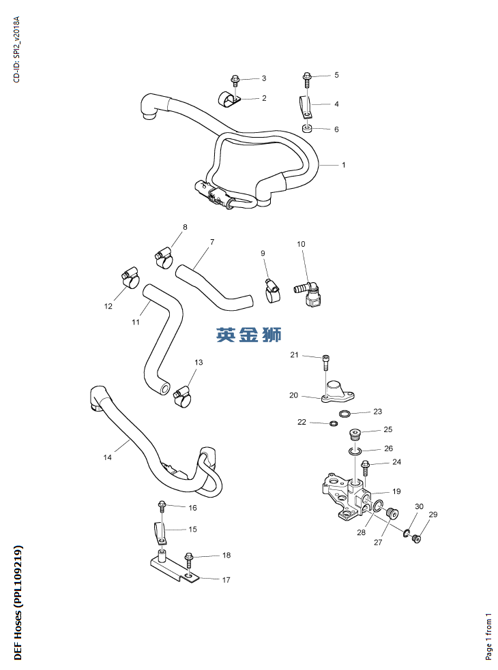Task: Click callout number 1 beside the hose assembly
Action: click(x=344, y=165)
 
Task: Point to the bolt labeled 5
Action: click(x=306, y=78)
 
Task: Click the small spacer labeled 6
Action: click(x=307, y=130)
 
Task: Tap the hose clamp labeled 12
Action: click(x=130, y=278)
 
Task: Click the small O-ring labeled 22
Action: click(x=333, y=423)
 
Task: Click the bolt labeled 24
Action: click(x=366, y=467)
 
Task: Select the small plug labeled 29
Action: click(x=418, y=539)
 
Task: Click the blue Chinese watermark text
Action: click(x=248, y=335)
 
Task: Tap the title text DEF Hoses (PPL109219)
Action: click(x=18, y=603)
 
